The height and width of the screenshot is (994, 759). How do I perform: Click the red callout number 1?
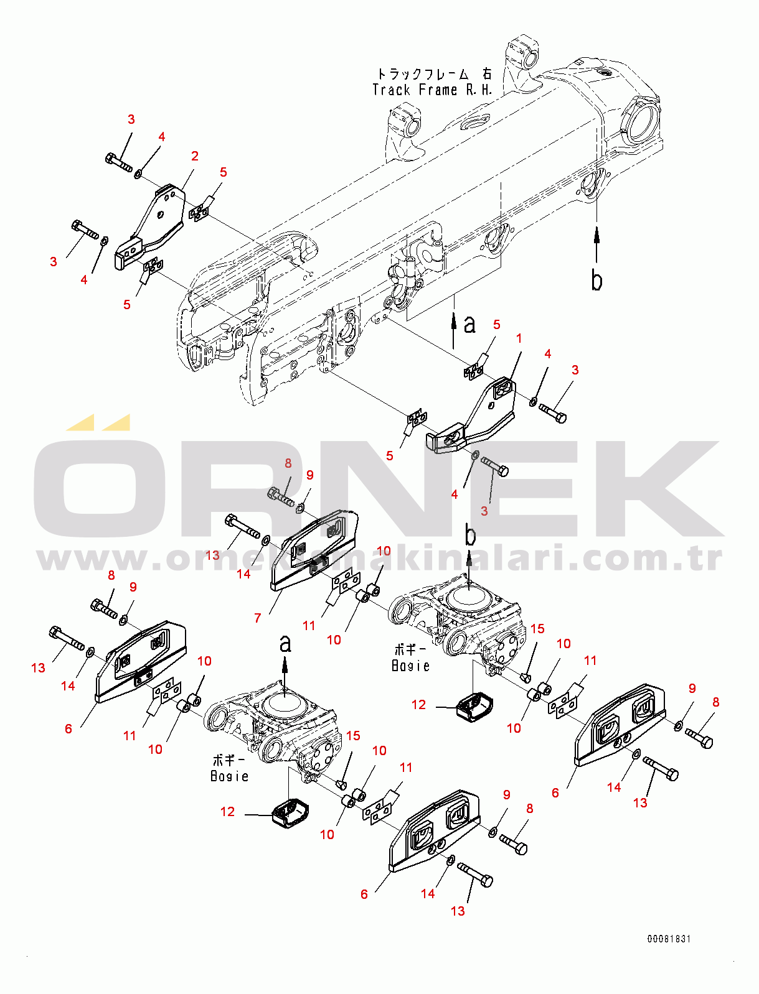(x=519, y=338)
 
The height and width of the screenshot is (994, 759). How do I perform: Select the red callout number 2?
(x=195, y=156)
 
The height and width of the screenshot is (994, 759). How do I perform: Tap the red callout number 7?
(x=257, y=618)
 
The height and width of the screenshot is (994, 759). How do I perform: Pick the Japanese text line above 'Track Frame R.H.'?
(x=434, y=74)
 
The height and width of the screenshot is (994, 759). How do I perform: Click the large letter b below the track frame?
(x=596, y=281)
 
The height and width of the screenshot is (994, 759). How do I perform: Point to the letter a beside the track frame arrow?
(x=470, y=324)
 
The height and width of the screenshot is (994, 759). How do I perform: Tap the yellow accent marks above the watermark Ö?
(x=98, y=422)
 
